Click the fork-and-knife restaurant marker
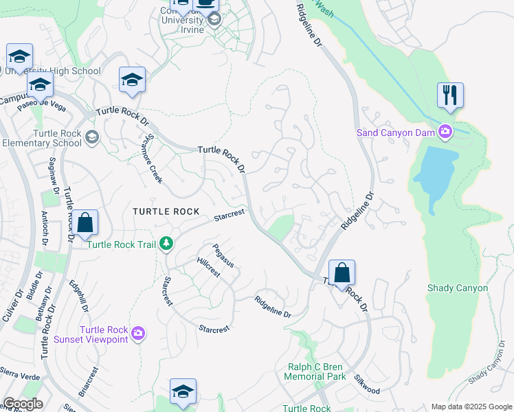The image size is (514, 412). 450,95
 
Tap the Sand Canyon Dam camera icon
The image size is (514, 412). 446,131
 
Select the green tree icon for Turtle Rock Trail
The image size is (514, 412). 166,243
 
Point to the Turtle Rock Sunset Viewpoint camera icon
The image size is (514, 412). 138,334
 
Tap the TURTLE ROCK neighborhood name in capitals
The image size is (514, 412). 166,212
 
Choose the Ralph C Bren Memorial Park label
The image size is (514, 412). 315,371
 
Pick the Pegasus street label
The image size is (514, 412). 223,255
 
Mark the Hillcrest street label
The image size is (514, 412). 208,266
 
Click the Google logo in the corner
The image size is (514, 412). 23,404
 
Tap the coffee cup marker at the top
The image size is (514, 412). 205,4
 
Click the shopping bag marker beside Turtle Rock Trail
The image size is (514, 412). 85,223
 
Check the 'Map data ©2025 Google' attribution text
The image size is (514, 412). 471,407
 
